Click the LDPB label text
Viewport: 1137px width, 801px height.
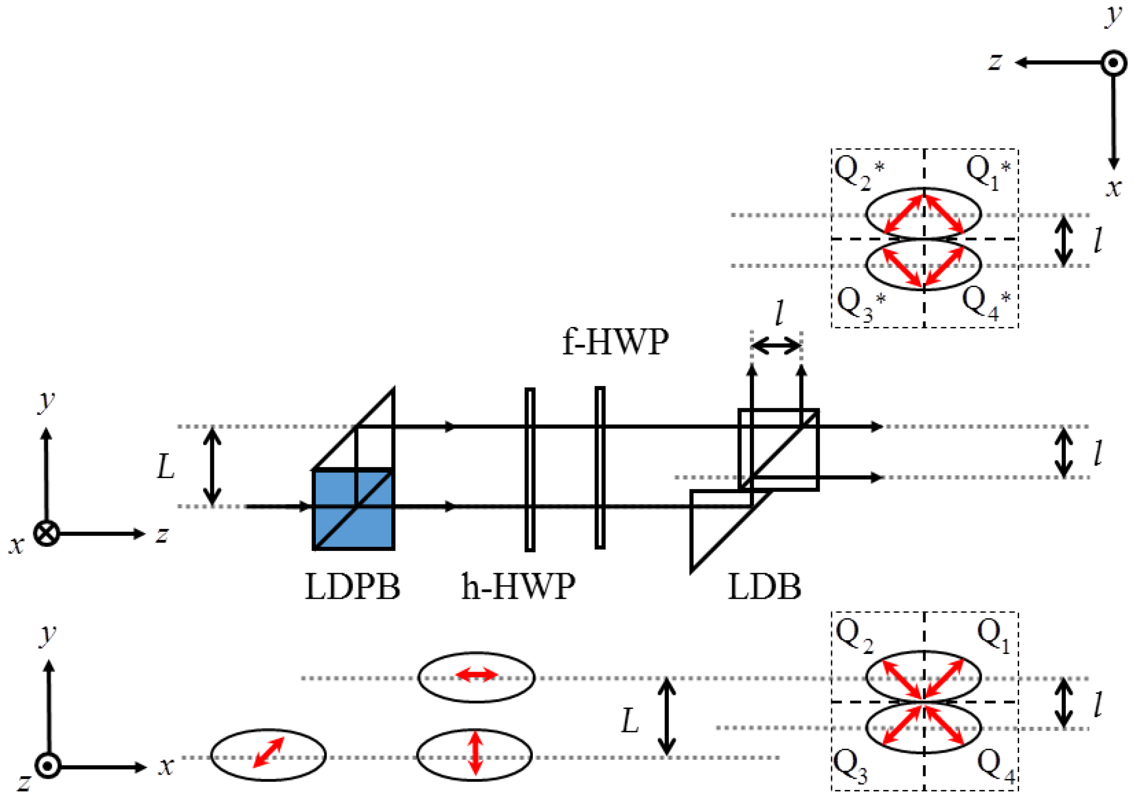(x=352, y=587)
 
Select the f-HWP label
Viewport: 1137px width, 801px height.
(x=615, y=342)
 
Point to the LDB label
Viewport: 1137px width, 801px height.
(x=764, y=587)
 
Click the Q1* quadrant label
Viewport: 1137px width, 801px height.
(x=987, y=172)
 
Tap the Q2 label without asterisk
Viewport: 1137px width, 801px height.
(x=853, y=636)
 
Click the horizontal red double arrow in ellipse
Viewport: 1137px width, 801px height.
(x=476, y=674)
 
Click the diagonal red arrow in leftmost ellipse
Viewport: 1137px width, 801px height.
(x=268, y=752)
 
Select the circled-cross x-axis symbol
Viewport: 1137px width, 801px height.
(x=47, y=534)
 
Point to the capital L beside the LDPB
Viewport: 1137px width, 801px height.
(x=165, y=466)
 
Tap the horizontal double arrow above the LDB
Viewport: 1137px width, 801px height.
(x=776, y=346)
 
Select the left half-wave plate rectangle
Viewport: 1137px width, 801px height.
(x=529, y=469)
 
